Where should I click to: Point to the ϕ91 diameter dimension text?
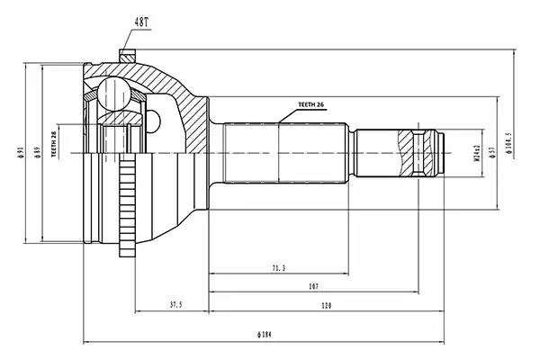click(x=20, y=153)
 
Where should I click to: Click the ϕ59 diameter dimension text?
click(x=35, y=153)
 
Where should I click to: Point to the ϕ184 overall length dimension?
click(x=264, y=335)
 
